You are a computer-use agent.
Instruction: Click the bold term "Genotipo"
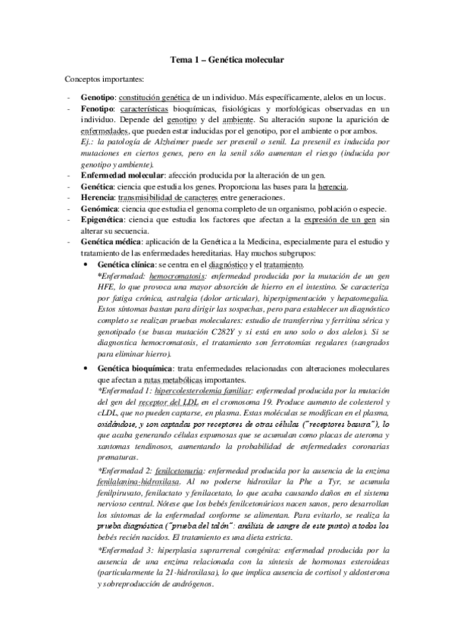pos(99,97)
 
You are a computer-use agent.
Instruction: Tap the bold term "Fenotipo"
pos(98,109)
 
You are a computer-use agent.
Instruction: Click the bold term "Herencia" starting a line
pos(99,197)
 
